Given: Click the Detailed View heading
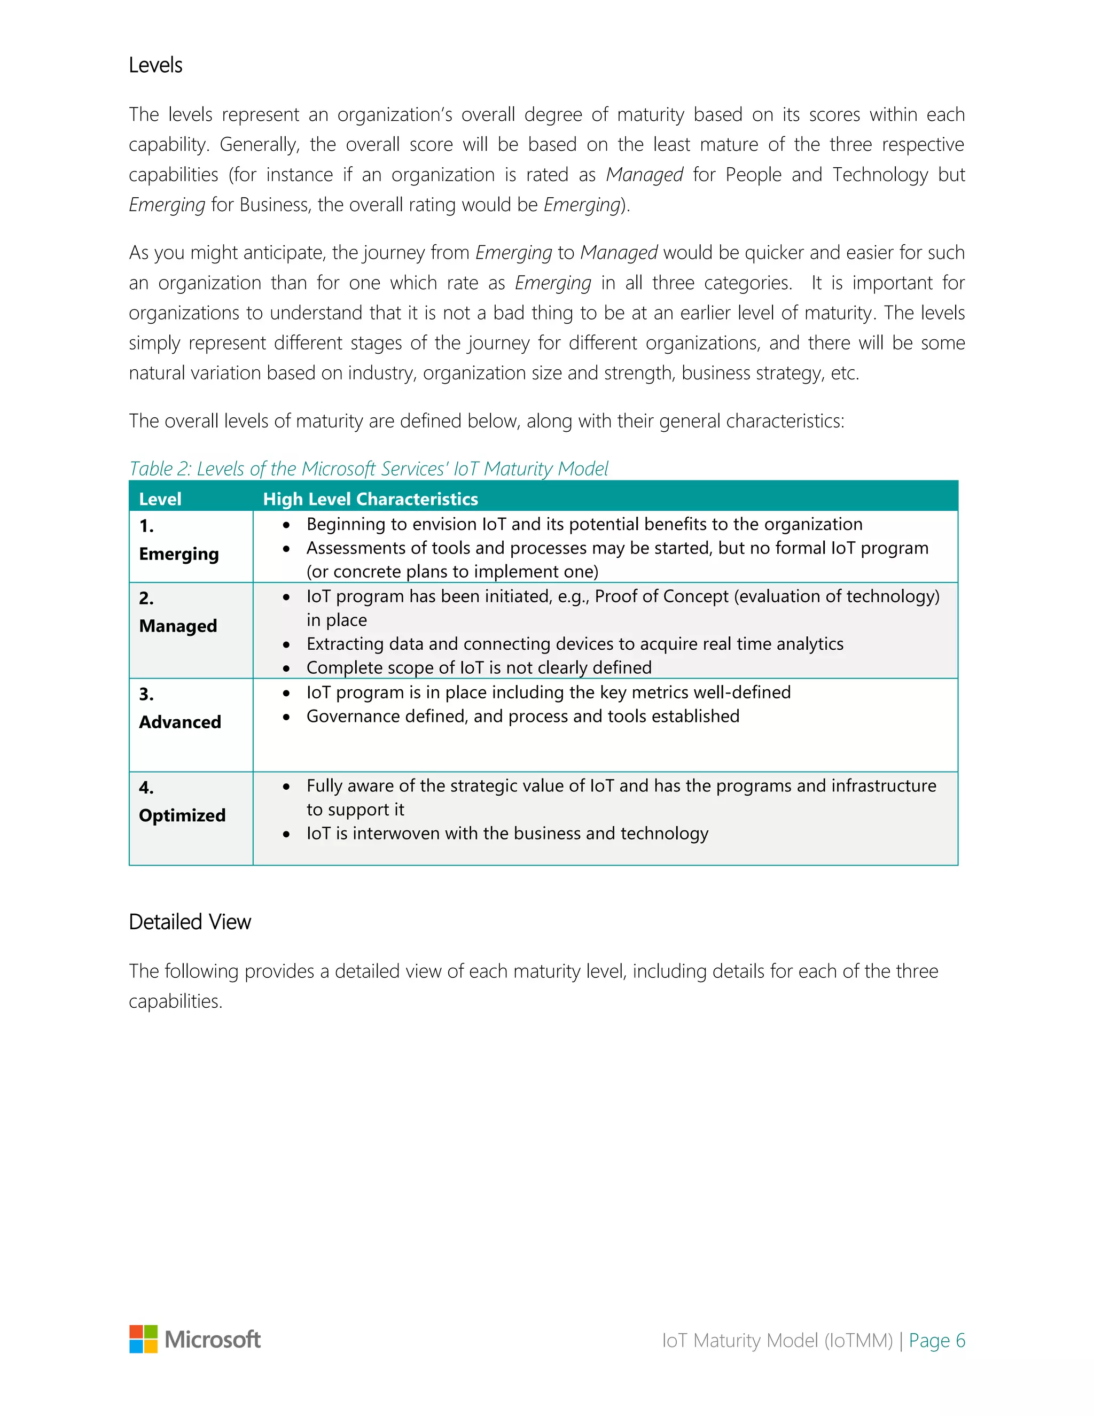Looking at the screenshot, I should (x=189, y=921).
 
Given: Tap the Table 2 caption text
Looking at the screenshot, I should (x=368, y=468).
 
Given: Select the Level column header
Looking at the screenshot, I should (x=160, y=499).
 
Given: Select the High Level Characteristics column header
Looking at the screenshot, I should (x=370, y=499).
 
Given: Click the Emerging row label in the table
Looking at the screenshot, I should (x=179, y=554).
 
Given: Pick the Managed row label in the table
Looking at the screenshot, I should (x=177, y=626).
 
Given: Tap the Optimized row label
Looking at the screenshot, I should (x=182, y=815).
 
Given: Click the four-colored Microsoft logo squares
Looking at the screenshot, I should (x=143, y=1339).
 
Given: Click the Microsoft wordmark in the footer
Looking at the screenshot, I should (x=213, y=1340).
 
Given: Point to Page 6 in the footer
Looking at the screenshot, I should (x=936, y=1340).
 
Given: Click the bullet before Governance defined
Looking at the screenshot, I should (x=286, y=717).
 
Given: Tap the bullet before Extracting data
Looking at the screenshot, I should (x=286, y=644).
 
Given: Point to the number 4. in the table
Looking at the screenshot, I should (x=146, y=787).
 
